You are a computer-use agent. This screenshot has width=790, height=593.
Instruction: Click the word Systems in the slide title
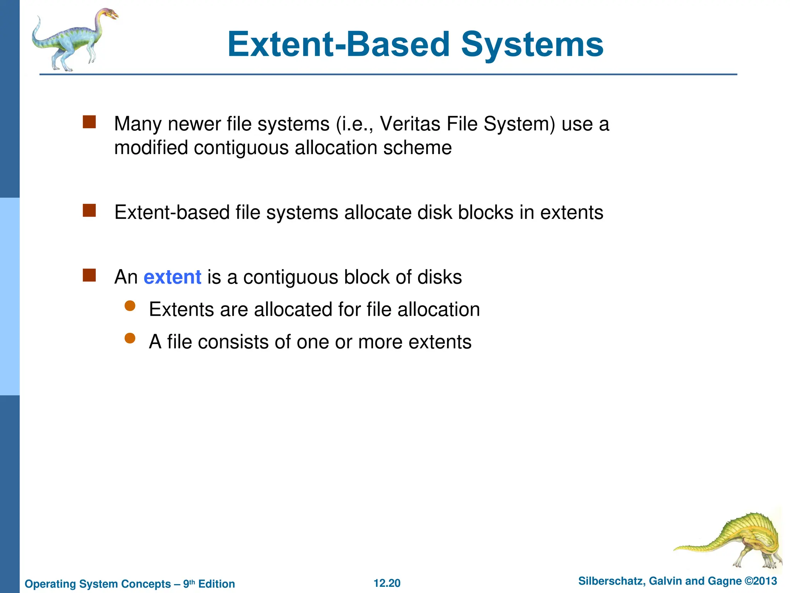(532, 45)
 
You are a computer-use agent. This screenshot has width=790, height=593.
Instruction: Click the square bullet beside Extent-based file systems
(89, 211)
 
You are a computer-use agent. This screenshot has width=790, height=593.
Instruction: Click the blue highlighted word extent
(172, 277)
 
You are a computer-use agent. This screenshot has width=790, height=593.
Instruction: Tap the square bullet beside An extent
(89, 276)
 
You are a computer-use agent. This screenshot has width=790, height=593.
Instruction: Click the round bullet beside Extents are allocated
(130, 306)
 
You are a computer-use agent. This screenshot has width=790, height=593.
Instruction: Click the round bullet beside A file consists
(130, 339)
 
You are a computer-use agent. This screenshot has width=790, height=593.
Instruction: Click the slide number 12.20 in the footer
(387, 583)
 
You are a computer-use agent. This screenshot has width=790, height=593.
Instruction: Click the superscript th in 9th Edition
(192, 581)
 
